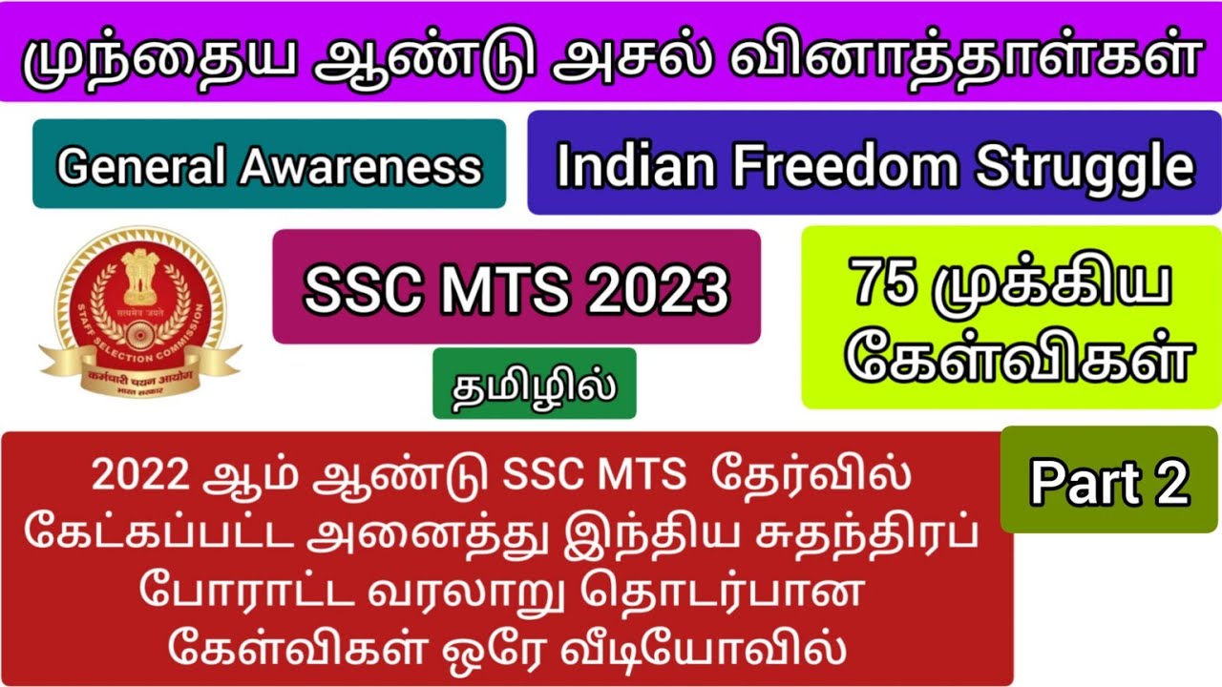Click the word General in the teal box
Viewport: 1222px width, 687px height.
[143, 167]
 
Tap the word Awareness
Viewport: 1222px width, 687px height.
[361, 167]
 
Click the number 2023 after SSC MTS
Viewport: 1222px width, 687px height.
[658, 287]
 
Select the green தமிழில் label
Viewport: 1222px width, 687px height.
[534, 384]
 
